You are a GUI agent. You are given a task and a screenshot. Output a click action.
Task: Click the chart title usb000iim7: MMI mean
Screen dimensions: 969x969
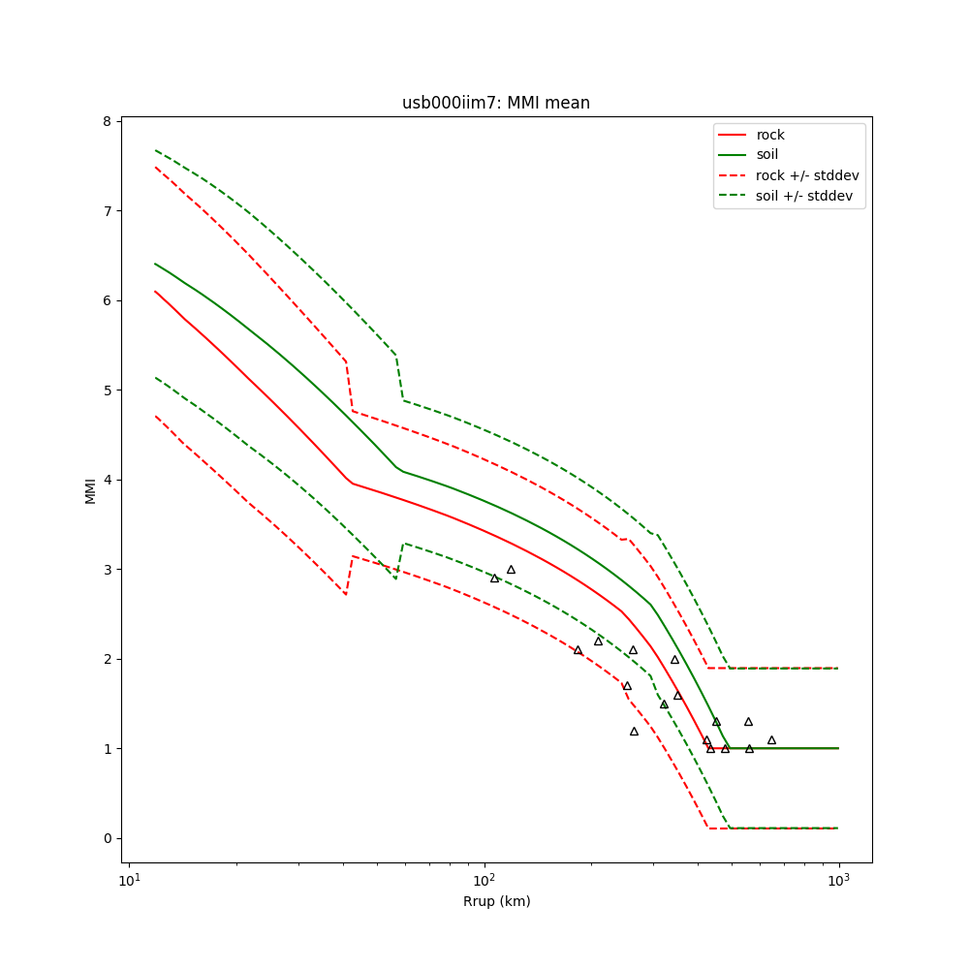[496, 103]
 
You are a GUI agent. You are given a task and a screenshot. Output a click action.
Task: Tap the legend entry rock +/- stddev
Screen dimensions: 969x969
[807, 175]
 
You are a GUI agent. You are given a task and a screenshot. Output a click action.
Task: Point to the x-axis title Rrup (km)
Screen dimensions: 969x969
[496, 901]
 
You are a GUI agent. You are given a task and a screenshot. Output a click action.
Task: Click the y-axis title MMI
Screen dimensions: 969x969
[90, 490]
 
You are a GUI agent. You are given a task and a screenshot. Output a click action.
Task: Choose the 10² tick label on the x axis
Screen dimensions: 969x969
[484, 880]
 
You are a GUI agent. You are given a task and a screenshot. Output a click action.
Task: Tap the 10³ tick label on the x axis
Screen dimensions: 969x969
[838, 880]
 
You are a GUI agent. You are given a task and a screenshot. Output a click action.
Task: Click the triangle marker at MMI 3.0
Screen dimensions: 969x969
[511, 570]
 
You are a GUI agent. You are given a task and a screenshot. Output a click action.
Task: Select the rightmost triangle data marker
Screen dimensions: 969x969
[771, 740]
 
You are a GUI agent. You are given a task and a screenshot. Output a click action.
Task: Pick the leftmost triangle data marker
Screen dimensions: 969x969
[494, 578]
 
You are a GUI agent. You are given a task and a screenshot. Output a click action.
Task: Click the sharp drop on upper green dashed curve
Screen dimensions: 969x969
[399, 378]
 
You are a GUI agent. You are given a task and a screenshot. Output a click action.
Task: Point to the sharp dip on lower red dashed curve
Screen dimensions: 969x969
[346, 593]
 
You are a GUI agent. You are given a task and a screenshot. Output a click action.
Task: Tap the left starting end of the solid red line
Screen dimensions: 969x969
[155, 291]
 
